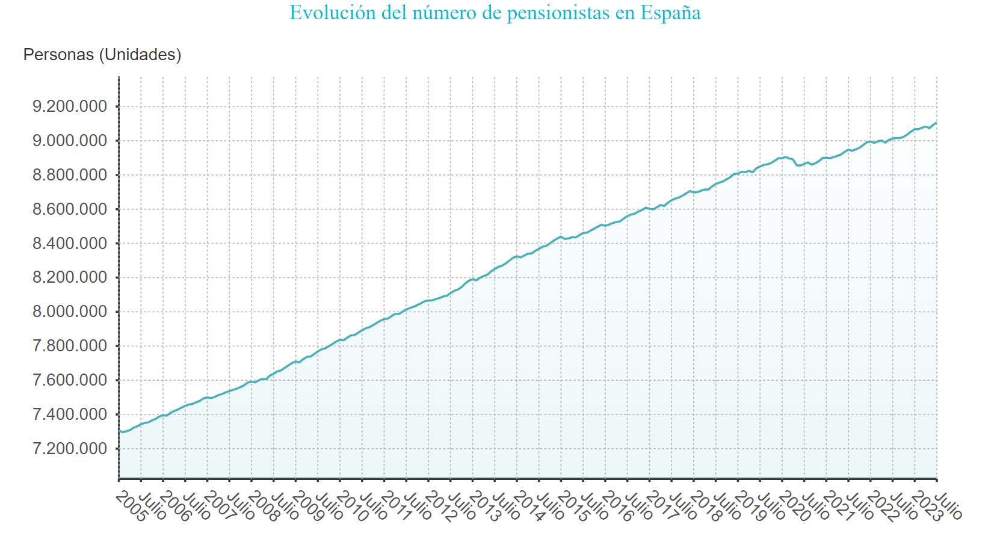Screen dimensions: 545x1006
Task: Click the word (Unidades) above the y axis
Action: pos(140,55)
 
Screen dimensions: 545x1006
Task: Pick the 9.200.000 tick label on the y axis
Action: pos(70,106)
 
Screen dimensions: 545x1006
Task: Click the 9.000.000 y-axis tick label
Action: pos(70,141)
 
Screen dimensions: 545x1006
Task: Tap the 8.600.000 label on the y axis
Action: pos(70,209)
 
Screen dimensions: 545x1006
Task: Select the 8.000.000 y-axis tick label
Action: pos(70,312)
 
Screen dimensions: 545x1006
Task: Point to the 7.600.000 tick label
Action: pos(70,380)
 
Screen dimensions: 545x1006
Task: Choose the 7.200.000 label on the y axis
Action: pos(70,449)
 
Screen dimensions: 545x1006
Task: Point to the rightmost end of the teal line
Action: pos(936,123)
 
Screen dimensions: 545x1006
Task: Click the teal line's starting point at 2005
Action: pos(119,431)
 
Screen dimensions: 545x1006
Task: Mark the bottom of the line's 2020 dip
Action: pos(800,165)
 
